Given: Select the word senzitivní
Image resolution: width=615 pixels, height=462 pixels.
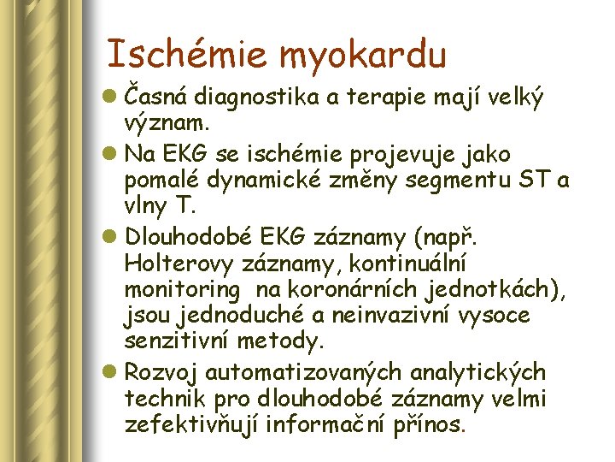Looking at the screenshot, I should tap(179, 342).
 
